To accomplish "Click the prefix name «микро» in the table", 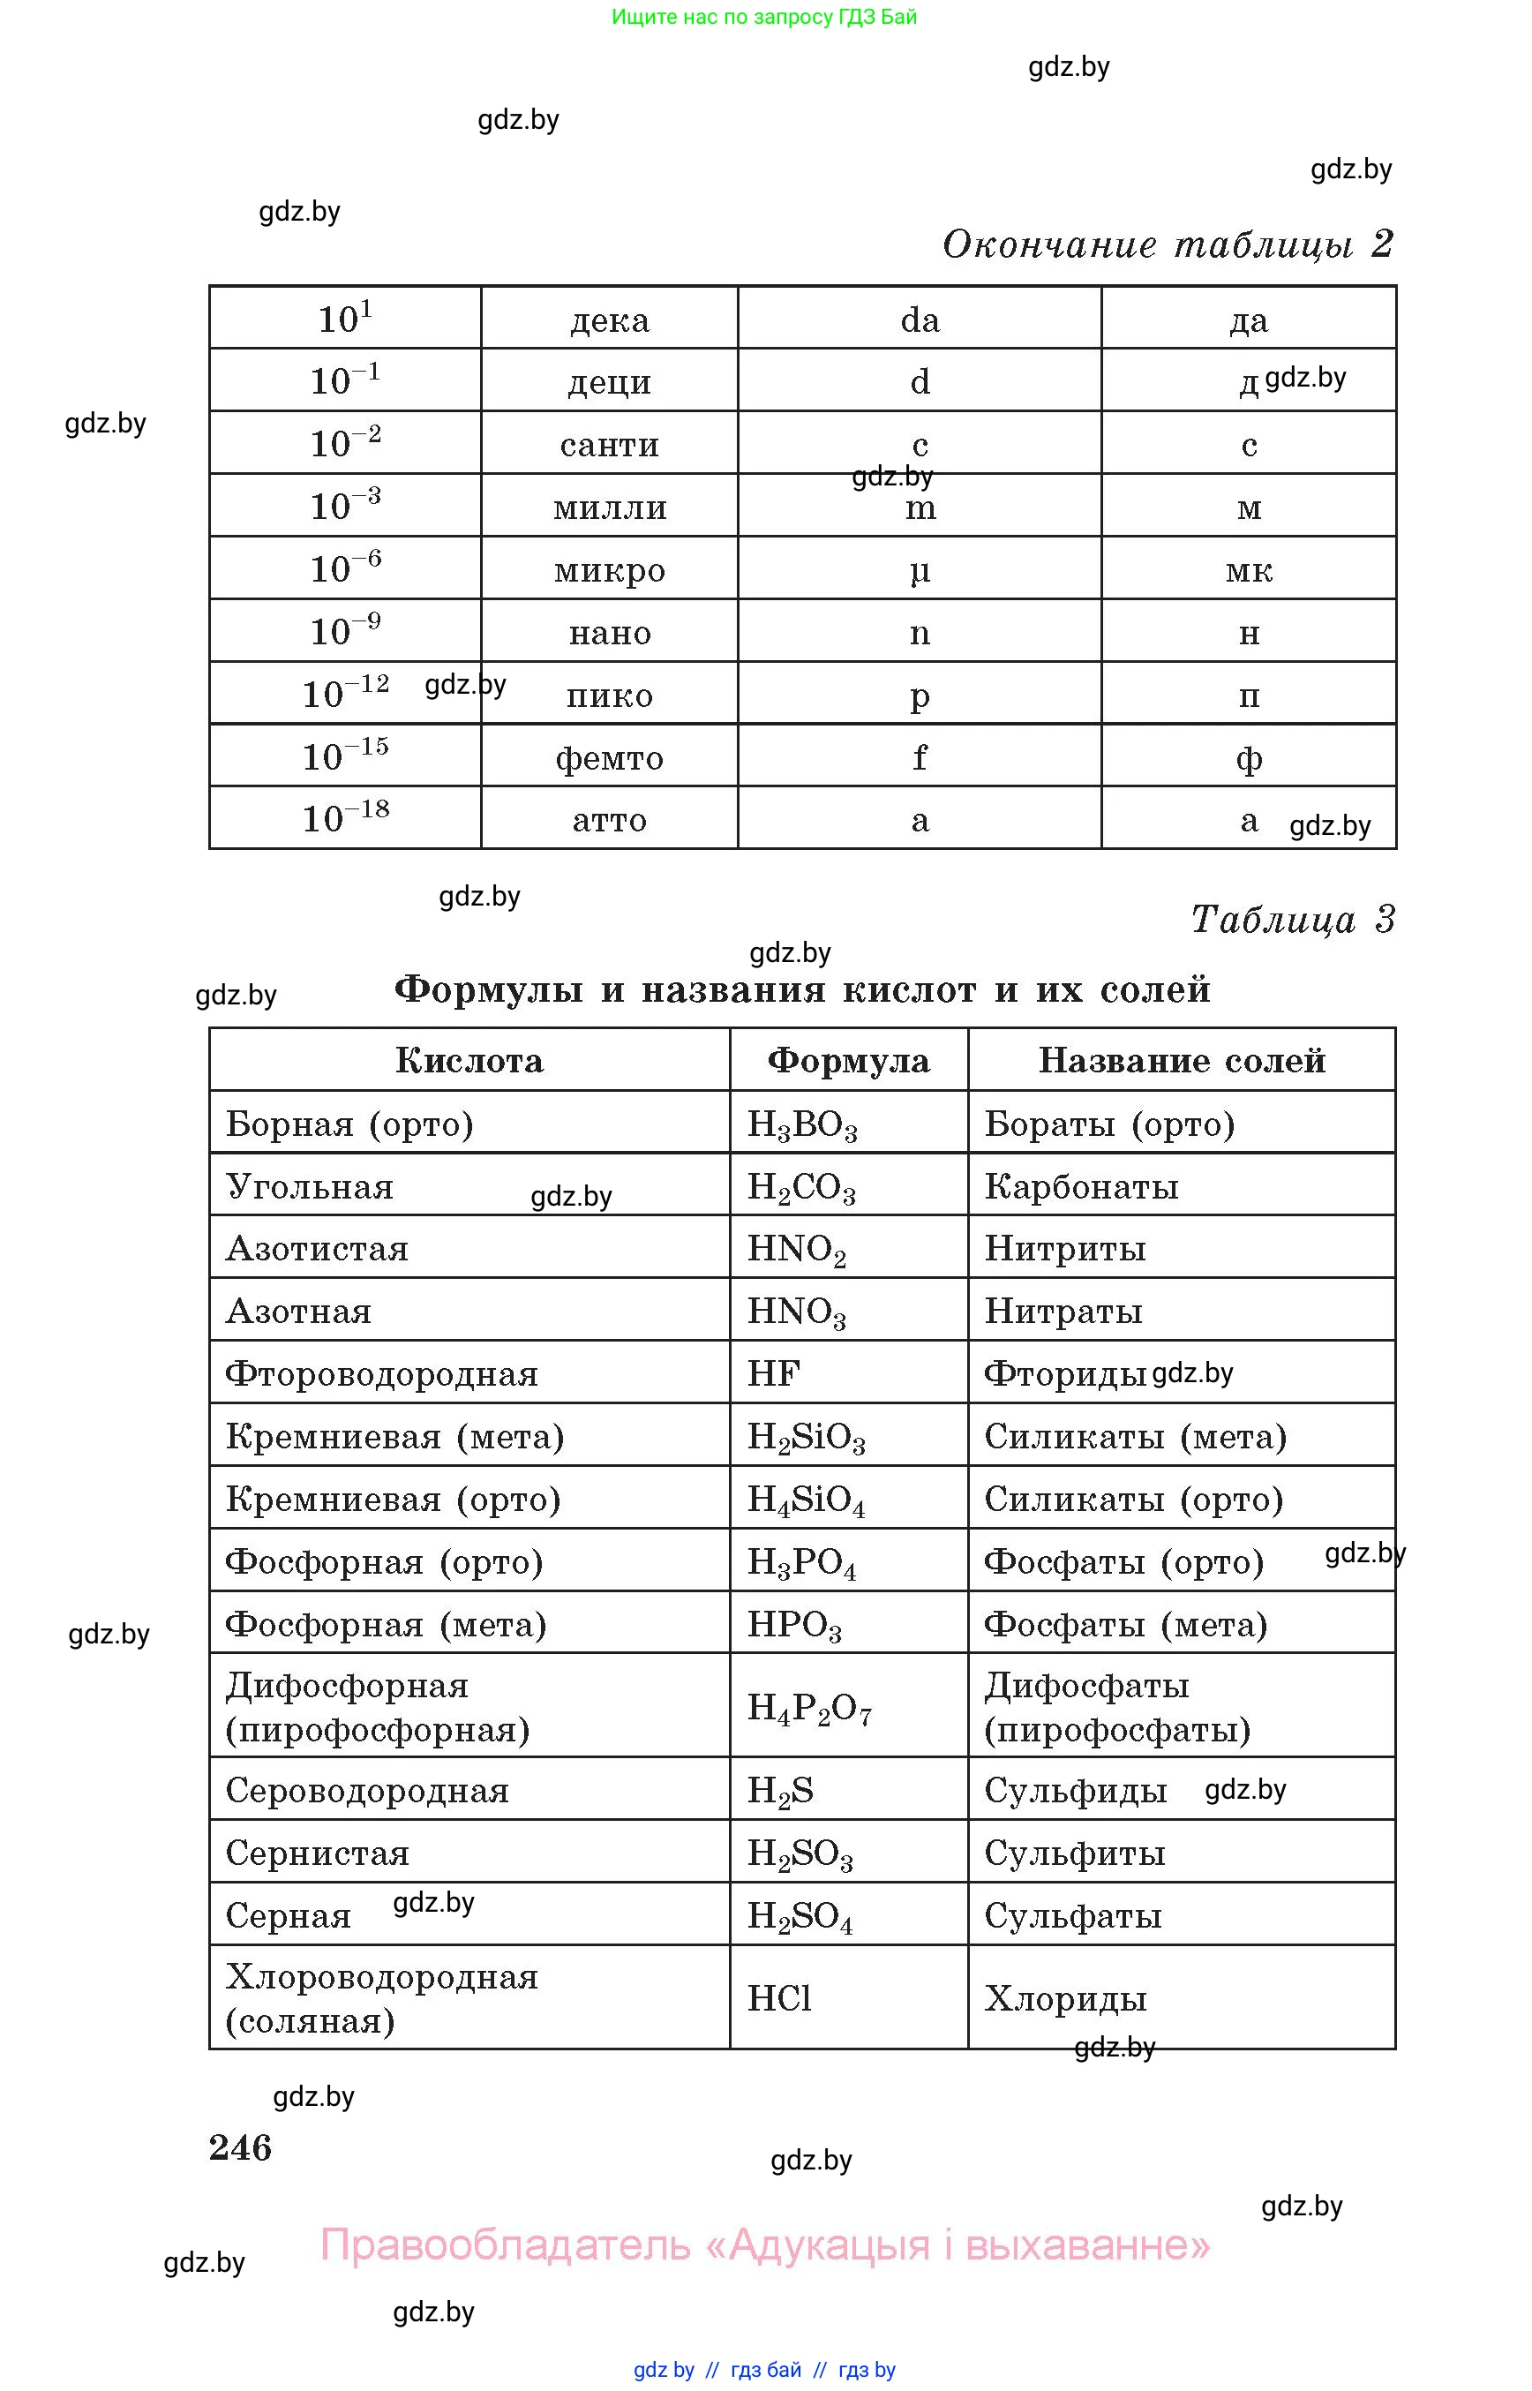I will [x=609, y=570].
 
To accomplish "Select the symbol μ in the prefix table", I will [x=920, y=571].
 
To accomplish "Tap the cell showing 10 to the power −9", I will [x=345, y=631].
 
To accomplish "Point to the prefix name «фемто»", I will [x=609, y=758].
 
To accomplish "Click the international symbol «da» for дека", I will [x=920, y=320].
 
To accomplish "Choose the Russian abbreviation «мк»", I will [x=1249, y=570].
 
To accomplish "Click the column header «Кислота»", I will [x=469, y=1061].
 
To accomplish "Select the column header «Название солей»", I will [x=1182, y=1061].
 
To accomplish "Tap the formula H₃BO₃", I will [x=802, y=1125].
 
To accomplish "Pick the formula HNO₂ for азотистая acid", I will [x=796, y=1250].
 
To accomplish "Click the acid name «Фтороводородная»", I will [x=382, y=1374].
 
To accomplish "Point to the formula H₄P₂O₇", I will [x=808, y=1708].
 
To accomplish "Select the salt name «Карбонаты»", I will [x=1081, y=1187].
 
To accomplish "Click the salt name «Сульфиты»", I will [x=1074, y=1853].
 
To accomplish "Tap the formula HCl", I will [x=779, y=1998].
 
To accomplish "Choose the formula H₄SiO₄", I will [x=806, y=1500].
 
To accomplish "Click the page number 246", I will [x=240, y=2147].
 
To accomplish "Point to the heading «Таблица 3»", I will [x=1292, y=920].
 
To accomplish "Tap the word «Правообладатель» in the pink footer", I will [x=505, y=2245].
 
